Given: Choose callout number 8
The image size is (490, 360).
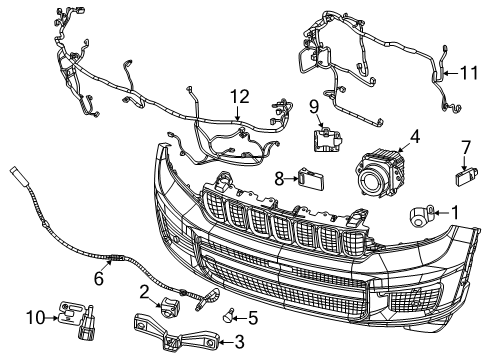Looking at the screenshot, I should (279, 179).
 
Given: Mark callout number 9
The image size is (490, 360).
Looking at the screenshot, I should (313, 106).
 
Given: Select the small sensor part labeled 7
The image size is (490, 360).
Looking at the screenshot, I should (461, 178).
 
